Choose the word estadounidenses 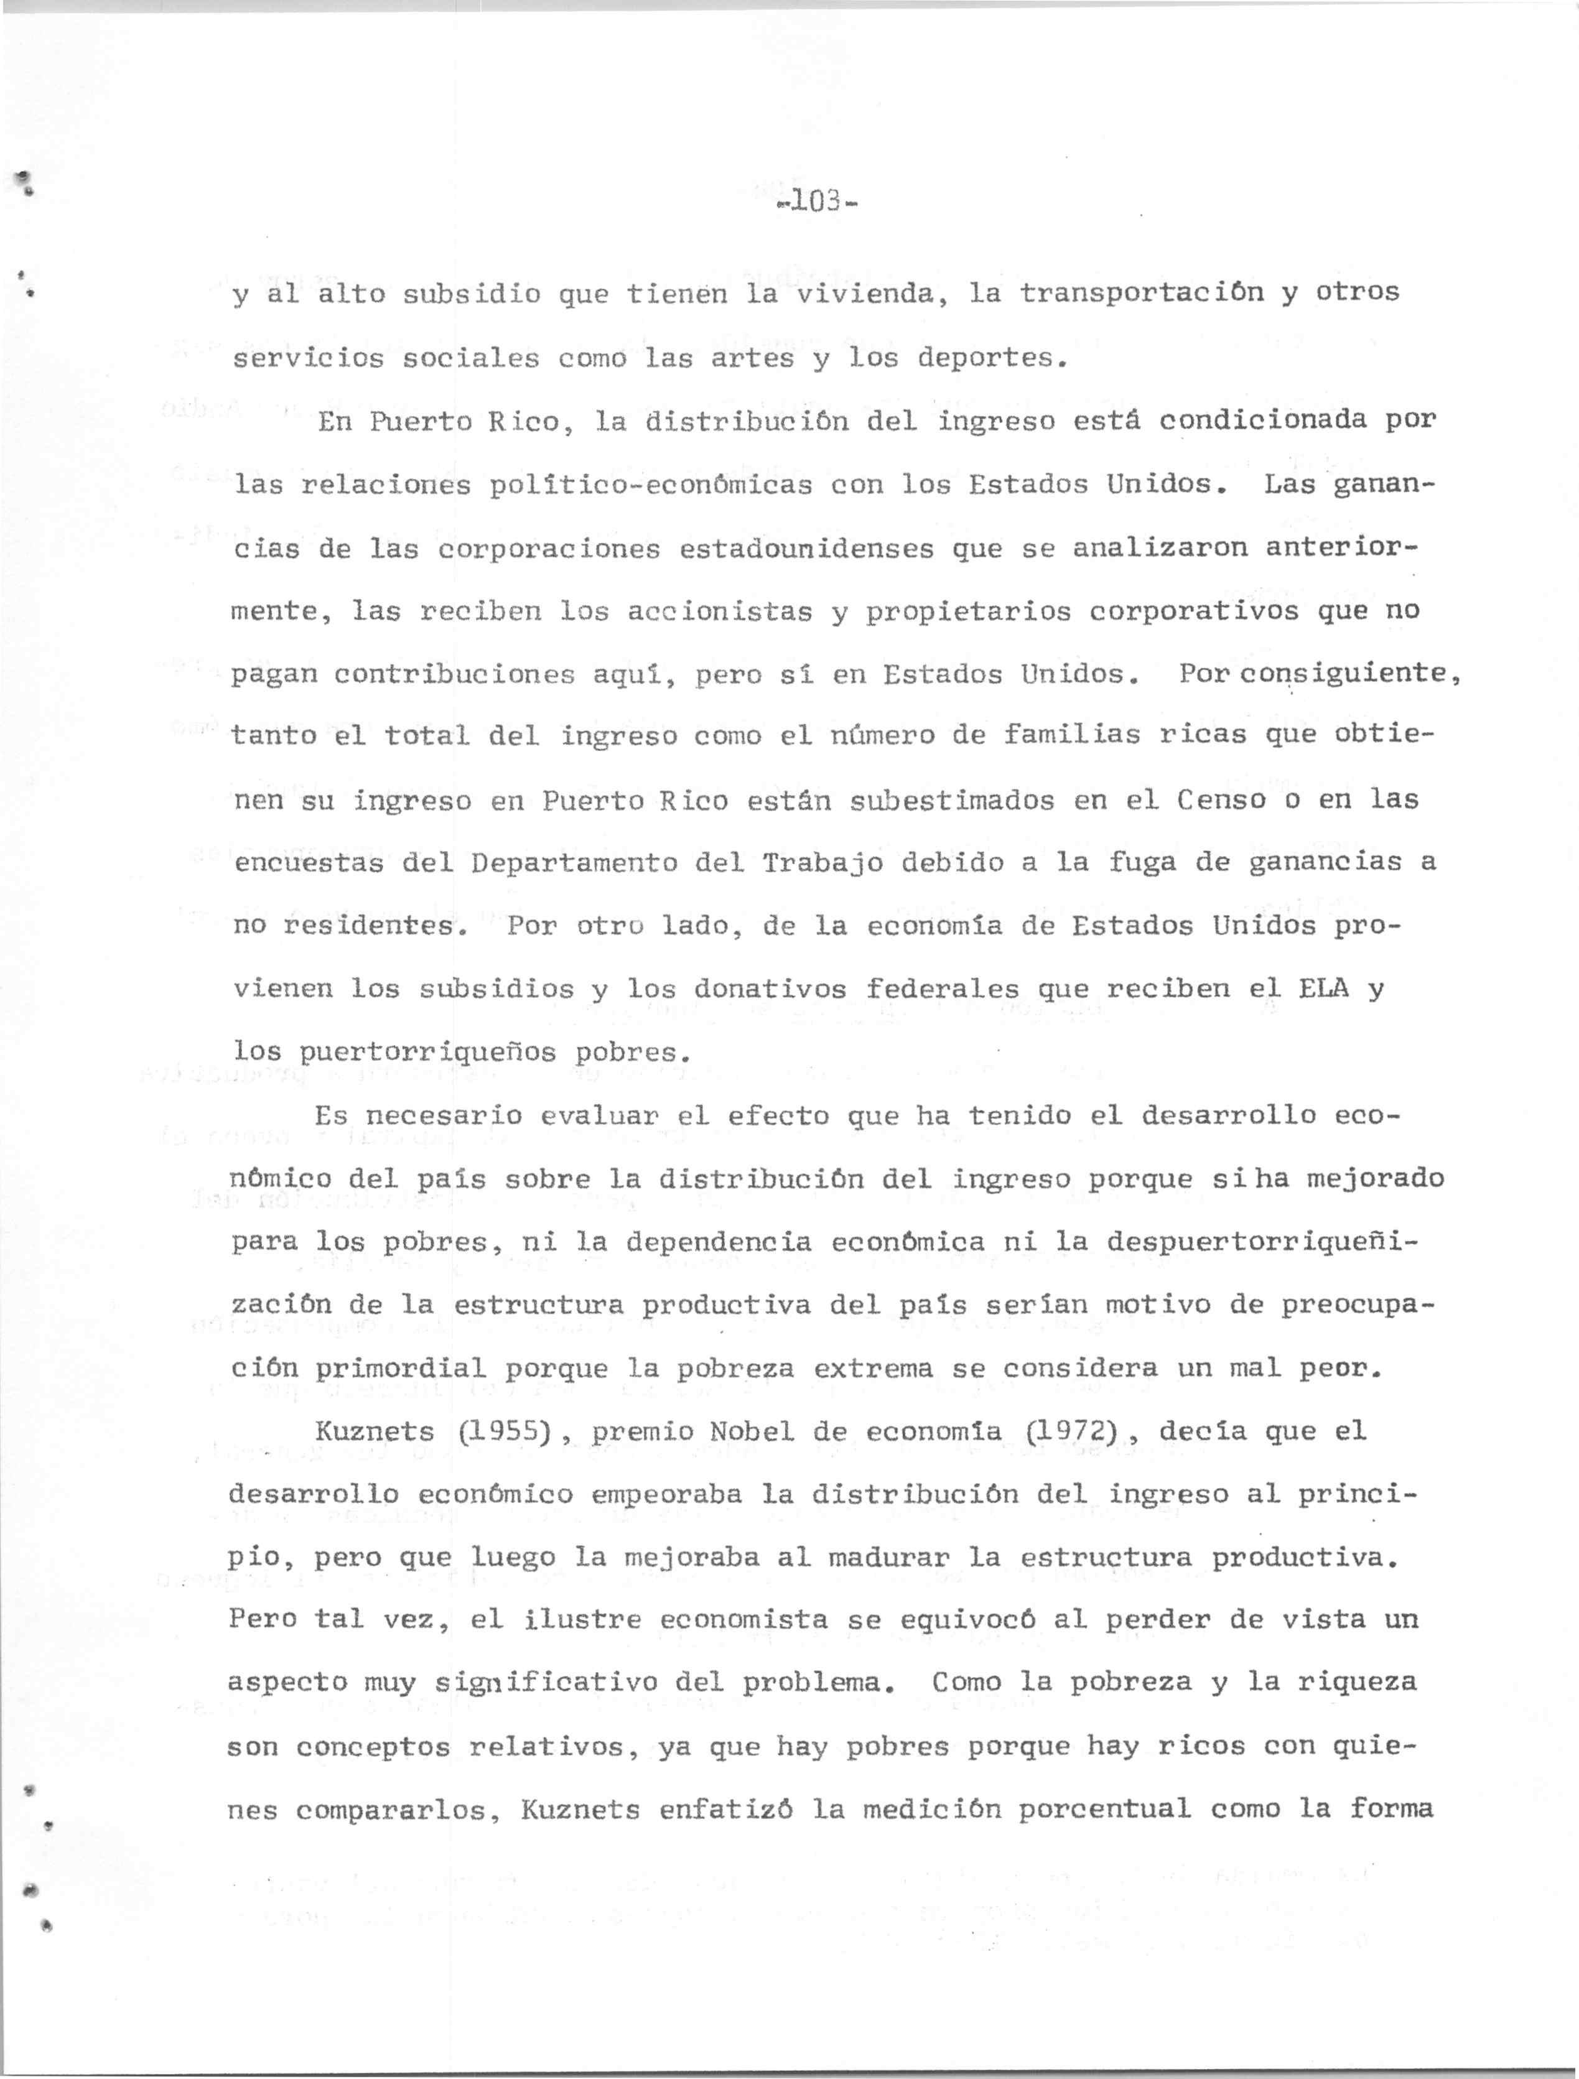point(806,548)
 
